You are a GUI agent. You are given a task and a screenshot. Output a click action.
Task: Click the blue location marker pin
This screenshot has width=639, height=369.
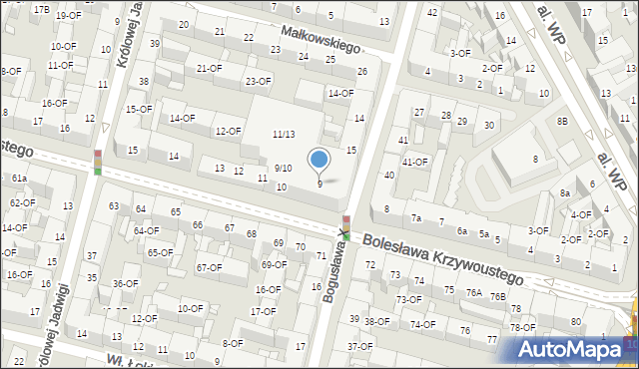(319, 160)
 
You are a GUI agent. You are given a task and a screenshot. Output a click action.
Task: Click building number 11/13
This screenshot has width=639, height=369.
(284, 135)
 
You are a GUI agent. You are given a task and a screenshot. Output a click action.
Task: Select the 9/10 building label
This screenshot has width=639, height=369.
(284, 169)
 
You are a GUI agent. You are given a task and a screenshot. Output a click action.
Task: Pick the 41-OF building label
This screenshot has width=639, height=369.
(414, 162)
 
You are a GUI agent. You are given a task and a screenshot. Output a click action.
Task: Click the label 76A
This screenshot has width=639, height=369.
(473, 293)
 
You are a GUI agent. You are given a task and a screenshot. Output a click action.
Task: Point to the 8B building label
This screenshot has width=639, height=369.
(563, 121)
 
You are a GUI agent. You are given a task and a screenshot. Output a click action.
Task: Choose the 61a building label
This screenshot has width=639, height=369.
(19, 178)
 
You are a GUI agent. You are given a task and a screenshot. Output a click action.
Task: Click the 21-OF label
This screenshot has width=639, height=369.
(209, 68)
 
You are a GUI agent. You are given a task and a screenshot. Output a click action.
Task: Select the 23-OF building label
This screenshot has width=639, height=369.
(258, 82)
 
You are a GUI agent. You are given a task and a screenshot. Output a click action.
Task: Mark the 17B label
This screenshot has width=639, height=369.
(40, 9)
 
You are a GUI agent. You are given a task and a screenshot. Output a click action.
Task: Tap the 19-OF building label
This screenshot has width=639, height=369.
(69, 16)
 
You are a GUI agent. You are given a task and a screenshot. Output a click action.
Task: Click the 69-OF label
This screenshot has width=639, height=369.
(273, 265)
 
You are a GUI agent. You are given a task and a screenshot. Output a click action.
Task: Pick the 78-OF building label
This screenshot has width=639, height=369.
(522, 327)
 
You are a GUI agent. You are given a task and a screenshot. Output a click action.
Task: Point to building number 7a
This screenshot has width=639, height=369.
(416, 218)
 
